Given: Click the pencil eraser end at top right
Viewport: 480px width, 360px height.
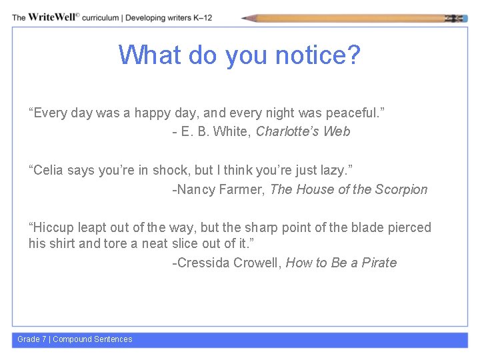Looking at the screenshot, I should click(459, 18).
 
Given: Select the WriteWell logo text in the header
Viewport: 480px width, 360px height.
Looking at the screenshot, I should click(52, 17).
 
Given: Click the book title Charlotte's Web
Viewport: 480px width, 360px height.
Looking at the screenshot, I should click(303, 131).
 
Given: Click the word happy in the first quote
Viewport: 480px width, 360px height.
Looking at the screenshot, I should click(153, 113).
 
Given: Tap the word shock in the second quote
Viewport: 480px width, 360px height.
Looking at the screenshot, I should click(171, 171).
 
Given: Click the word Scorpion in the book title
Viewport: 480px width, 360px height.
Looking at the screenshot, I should click(401, 189).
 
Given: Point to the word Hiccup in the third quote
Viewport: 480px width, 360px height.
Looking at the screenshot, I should click(50, 227).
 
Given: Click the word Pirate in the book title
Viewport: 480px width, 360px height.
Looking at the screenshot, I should click(379, 263).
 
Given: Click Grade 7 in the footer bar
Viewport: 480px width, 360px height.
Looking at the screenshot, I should click(32, 339).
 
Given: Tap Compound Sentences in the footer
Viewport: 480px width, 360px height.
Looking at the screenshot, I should click(93, 339).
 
